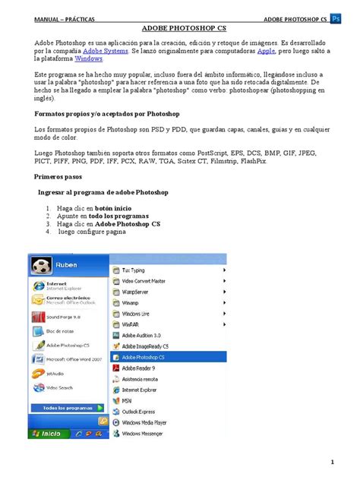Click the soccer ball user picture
[x=40, y=267]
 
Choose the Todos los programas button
[x=69, y=408]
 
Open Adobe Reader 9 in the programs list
[x=140, y=367]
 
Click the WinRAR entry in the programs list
[x=132, y=324]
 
